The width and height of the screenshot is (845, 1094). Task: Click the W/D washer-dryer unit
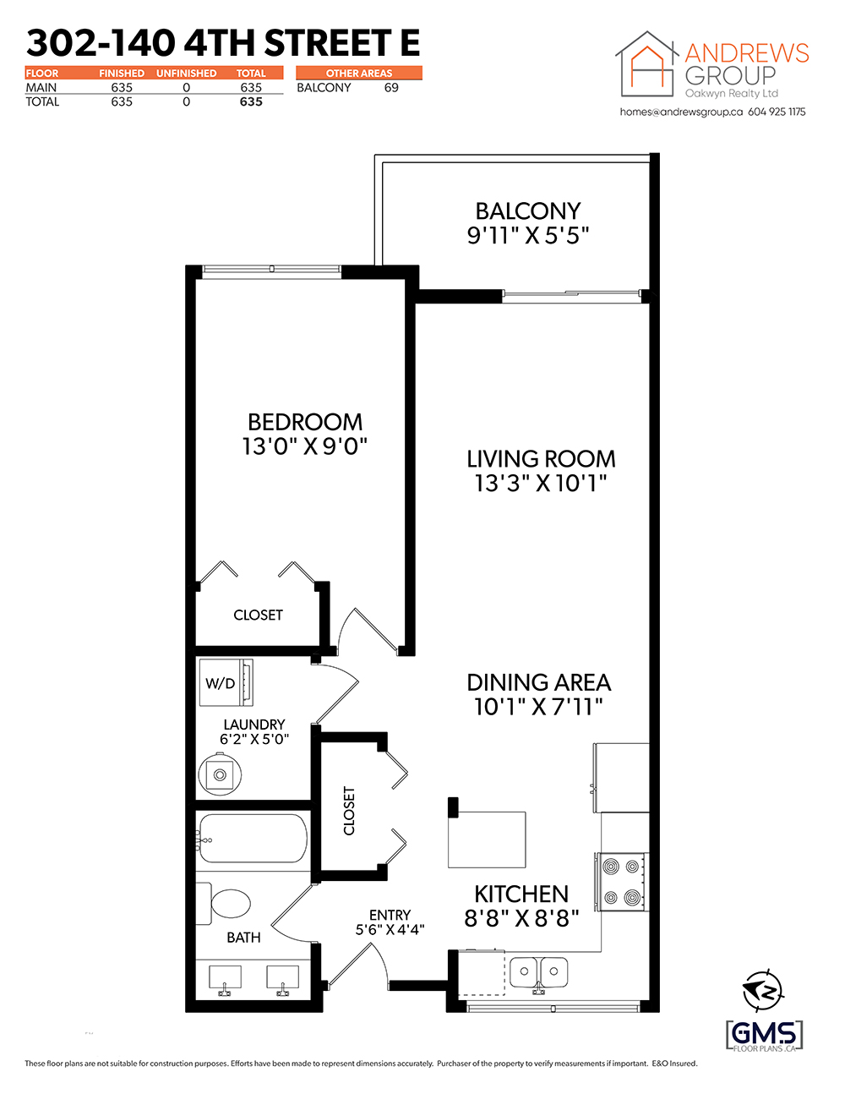point(226,682)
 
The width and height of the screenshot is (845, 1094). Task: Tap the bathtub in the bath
point(253,839)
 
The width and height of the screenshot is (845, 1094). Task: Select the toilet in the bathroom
point(223,903)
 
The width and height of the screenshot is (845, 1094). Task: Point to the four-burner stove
point(622,882)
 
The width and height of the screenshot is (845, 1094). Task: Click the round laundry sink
point(220,774)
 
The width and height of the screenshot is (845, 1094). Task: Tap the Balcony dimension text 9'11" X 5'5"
point(527,235)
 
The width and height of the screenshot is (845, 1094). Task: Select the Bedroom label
point(305,422)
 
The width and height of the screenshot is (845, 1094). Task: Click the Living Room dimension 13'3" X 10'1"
point(541,484)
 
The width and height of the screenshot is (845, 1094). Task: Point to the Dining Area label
point(539,682)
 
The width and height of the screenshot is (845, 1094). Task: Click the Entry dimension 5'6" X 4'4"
point(390,929)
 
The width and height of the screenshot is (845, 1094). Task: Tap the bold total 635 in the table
point(251,101)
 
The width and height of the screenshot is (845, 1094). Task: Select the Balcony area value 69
point(391,88)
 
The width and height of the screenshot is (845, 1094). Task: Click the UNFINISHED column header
point(186,73)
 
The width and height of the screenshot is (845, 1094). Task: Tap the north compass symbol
point(763,990)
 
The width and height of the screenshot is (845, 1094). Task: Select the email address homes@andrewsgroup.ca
point(681,112)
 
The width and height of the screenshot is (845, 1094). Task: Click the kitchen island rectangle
point(487,840)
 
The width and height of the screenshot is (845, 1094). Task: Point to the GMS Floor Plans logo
point(765,1035)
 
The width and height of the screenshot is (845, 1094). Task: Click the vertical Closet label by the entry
point(349,811)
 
